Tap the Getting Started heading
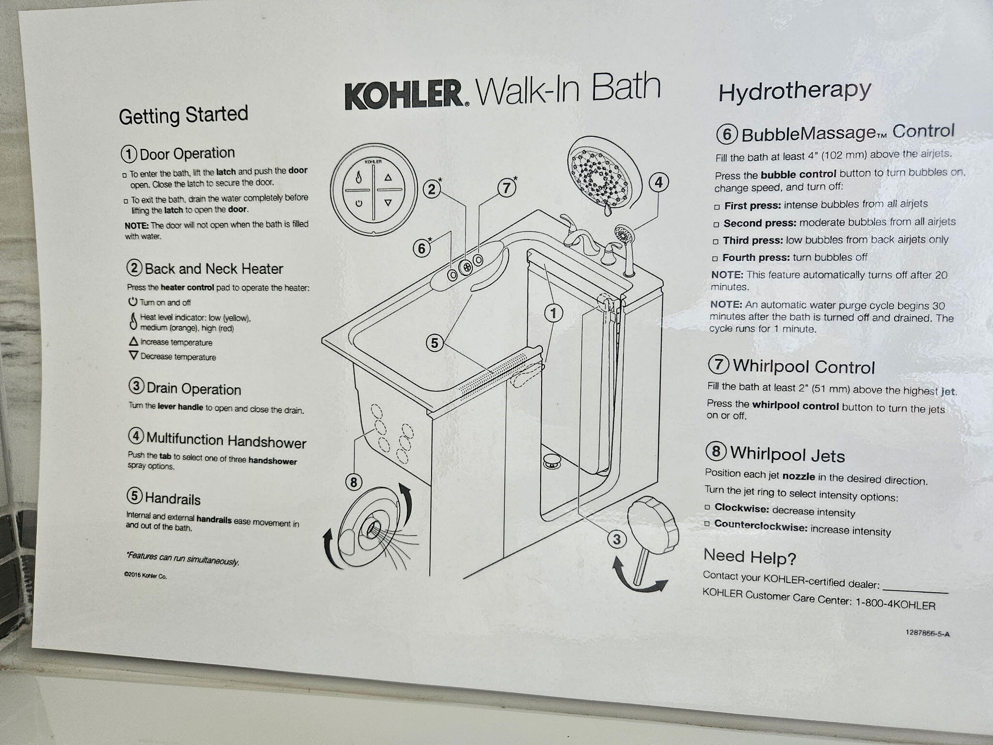tap(183, 115)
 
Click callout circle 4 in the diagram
tap(658, 182)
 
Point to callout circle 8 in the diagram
tap(354, 482)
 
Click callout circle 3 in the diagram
tap(617, 539)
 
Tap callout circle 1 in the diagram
tap(553, 313)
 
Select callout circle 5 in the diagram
tap(434, 343)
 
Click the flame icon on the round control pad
tap(359, 178)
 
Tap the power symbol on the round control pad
tap(359, 204)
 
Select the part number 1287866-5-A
tap(927, 632)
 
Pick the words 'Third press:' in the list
tap(752, 241)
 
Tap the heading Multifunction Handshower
tap(226, 440)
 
